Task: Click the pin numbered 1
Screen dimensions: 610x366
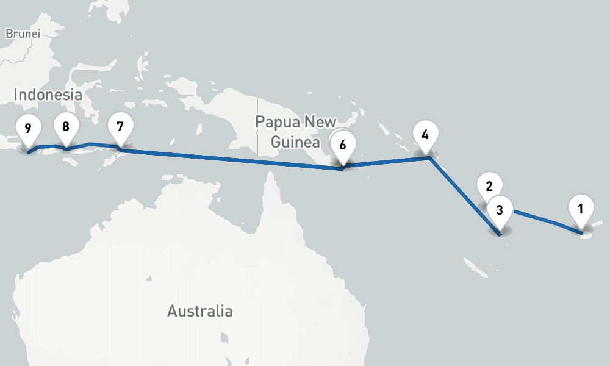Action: click(580, 209)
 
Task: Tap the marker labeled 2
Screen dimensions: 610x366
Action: click(489, 185)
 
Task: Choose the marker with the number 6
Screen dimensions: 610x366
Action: click(343, 145)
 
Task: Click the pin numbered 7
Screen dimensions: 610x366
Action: click(120, 127)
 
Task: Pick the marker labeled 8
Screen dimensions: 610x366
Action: click(66, 127)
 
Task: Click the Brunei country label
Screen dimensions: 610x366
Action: click(23, 34)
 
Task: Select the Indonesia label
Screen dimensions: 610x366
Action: click(48, 95)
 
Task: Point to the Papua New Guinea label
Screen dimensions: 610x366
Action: click(296, 131)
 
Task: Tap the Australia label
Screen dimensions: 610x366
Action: click(199, 310)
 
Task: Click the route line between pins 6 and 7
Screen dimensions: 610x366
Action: click(232, 158)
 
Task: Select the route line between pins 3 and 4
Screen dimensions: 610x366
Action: click(464, 195)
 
